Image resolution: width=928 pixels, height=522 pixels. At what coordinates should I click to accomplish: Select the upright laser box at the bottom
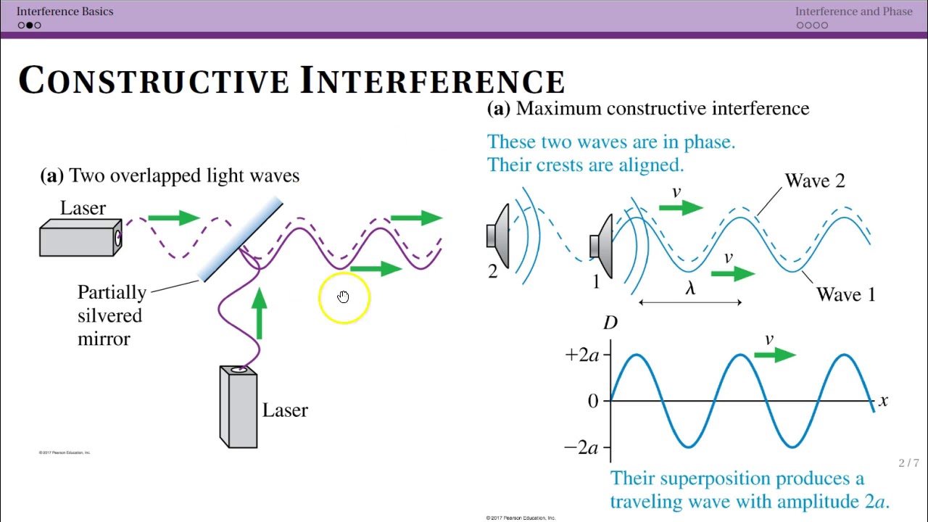(239, 407)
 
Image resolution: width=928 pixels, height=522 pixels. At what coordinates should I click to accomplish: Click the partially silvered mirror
(241, 239)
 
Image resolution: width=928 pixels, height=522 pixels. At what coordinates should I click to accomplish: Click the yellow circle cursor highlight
(344, 297)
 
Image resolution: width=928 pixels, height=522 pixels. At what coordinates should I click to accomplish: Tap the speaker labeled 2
(499, 236)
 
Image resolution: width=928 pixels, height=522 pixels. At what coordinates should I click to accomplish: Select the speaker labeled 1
(602, 246)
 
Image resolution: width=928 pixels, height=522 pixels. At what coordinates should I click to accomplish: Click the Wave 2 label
(815, 181)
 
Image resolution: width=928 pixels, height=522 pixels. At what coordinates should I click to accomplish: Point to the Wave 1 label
(845, 294)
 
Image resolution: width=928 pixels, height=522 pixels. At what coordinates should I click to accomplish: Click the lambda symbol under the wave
(690, 289)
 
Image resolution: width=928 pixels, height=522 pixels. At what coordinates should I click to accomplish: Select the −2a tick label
(581, 447)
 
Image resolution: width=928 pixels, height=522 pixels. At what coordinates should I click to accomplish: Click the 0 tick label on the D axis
(593, 401)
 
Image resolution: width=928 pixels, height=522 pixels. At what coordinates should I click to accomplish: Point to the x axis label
(883, 400)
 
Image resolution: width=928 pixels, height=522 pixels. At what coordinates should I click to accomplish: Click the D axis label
(610, 323)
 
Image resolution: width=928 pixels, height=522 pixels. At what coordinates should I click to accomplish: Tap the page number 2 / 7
(908, 463)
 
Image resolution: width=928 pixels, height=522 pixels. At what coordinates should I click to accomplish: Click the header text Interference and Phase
(853, 11)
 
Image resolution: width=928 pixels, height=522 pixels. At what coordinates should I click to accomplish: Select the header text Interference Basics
(65, 11)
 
